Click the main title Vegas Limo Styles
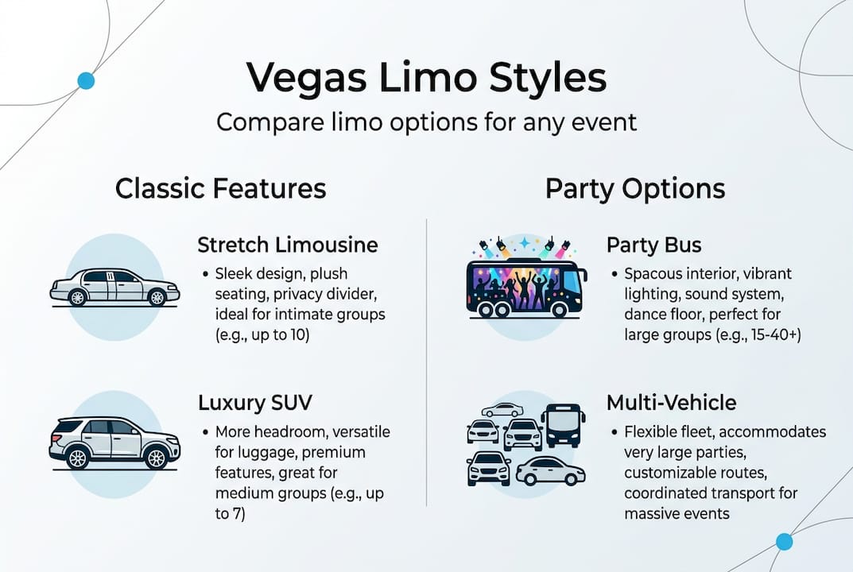click(426, 78)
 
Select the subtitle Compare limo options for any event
click(426, 122)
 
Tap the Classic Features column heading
click(220, 189)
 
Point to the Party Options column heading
click(634, 189)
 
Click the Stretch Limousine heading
click(288, 244)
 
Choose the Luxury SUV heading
click(254, 403)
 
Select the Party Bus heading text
click(653, 244)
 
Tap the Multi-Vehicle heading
click(671, 403)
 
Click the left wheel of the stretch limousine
click(77, 297)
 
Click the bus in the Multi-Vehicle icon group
click(563, 426)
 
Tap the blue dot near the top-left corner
click(86, 80)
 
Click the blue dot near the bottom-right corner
click(784, 542)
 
